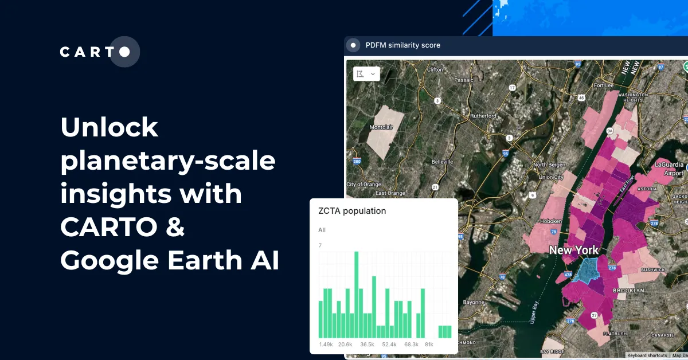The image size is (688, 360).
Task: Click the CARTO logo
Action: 99,52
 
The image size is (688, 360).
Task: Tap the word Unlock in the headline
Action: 109,127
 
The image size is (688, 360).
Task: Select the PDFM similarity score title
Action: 402,45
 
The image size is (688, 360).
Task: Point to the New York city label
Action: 574,250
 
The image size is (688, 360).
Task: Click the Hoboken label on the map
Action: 551,221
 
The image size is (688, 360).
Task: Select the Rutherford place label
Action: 483,116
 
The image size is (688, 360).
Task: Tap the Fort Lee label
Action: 604,85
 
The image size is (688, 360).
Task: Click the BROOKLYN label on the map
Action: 629,291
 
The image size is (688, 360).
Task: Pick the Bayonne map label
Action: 474,302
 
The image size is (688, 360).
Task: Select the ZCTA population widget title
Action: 352,211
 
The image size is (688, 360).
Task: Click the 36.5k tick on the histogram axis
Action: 367,345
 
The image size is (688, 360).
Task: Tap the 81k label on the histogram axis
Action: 429,345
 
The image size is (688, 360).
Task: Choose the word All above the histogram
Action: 322,230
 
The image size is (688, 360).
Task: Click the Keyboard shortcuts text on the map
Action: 647,355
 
